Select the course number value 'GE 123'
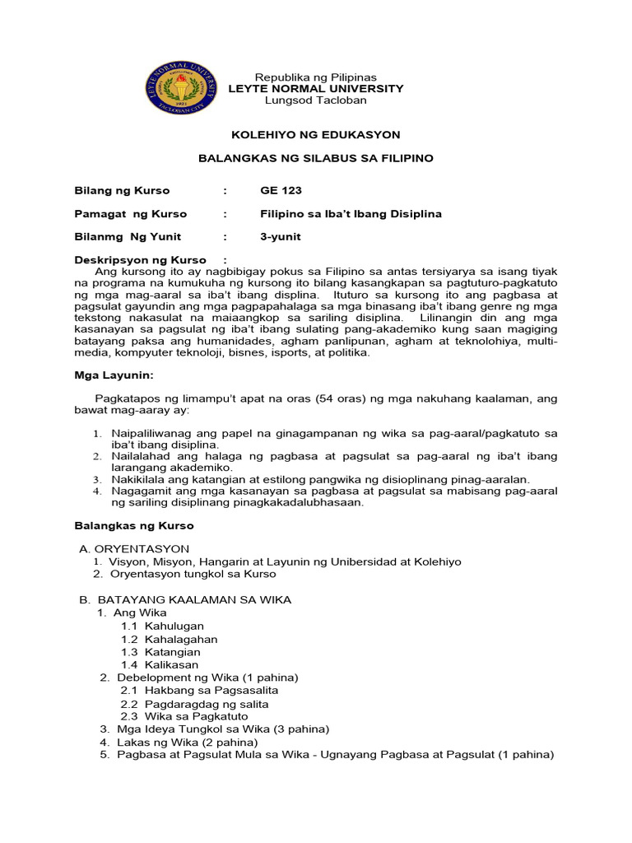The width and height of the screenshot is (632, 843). (x=281, y=190)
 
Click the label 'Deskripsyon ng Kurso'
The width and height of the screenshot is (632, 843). (x=141, y=260)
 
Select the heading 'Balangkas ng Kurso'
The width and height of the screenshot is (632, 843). (x=134, y=524)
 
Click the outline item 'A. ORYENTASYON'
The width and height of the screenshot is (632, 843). (x=134, y=548)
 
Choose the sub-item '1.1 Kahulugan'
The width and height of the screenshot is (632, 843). (x=163, y=626)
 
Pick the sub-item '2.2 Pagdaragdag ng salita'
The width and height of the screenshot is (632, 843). (x=194, y=704)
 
